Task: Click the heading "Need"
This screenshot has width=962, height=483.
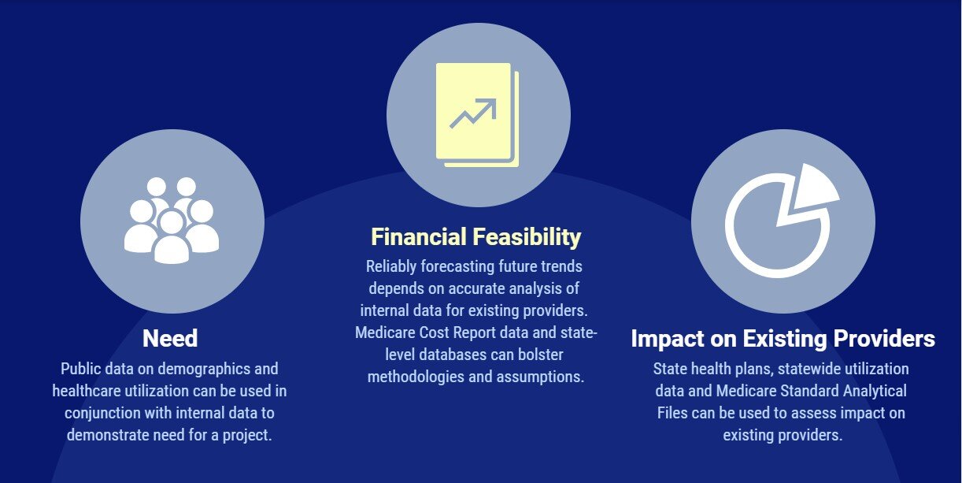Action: pyautogui.click(x=170, y=338)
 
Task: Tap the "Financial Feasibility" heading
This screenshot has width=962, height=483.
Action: pyautogui.click(x=475, y=237)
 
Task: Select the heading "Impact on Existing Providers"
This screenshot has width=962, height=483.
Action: pyautogui.click(x=783, y=339)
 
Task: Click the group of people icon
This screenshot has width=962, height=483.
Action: pyautogui.click(x=172, y=220)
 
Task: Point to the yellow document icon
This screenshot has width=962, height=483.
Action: pyautogui.click(x=477, y=115)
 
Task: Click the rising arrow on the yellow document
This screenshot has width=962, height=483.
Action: pyautogui.click(x=473, y=113)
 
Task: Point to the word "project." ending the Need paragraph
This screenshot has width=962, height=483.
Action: pyautogui.click(x=247, y=435)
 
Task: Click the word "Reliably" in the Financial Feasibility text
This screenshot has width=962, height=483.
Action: pyautogui.click(x=391, y=267)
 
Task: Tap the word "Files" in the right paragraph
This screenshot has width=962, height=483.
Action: pyautogui.click(x=672, y=414)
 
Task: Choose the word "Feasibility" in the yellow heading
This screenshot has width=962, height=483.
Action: pyautogui.click(x=527, y=237)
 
